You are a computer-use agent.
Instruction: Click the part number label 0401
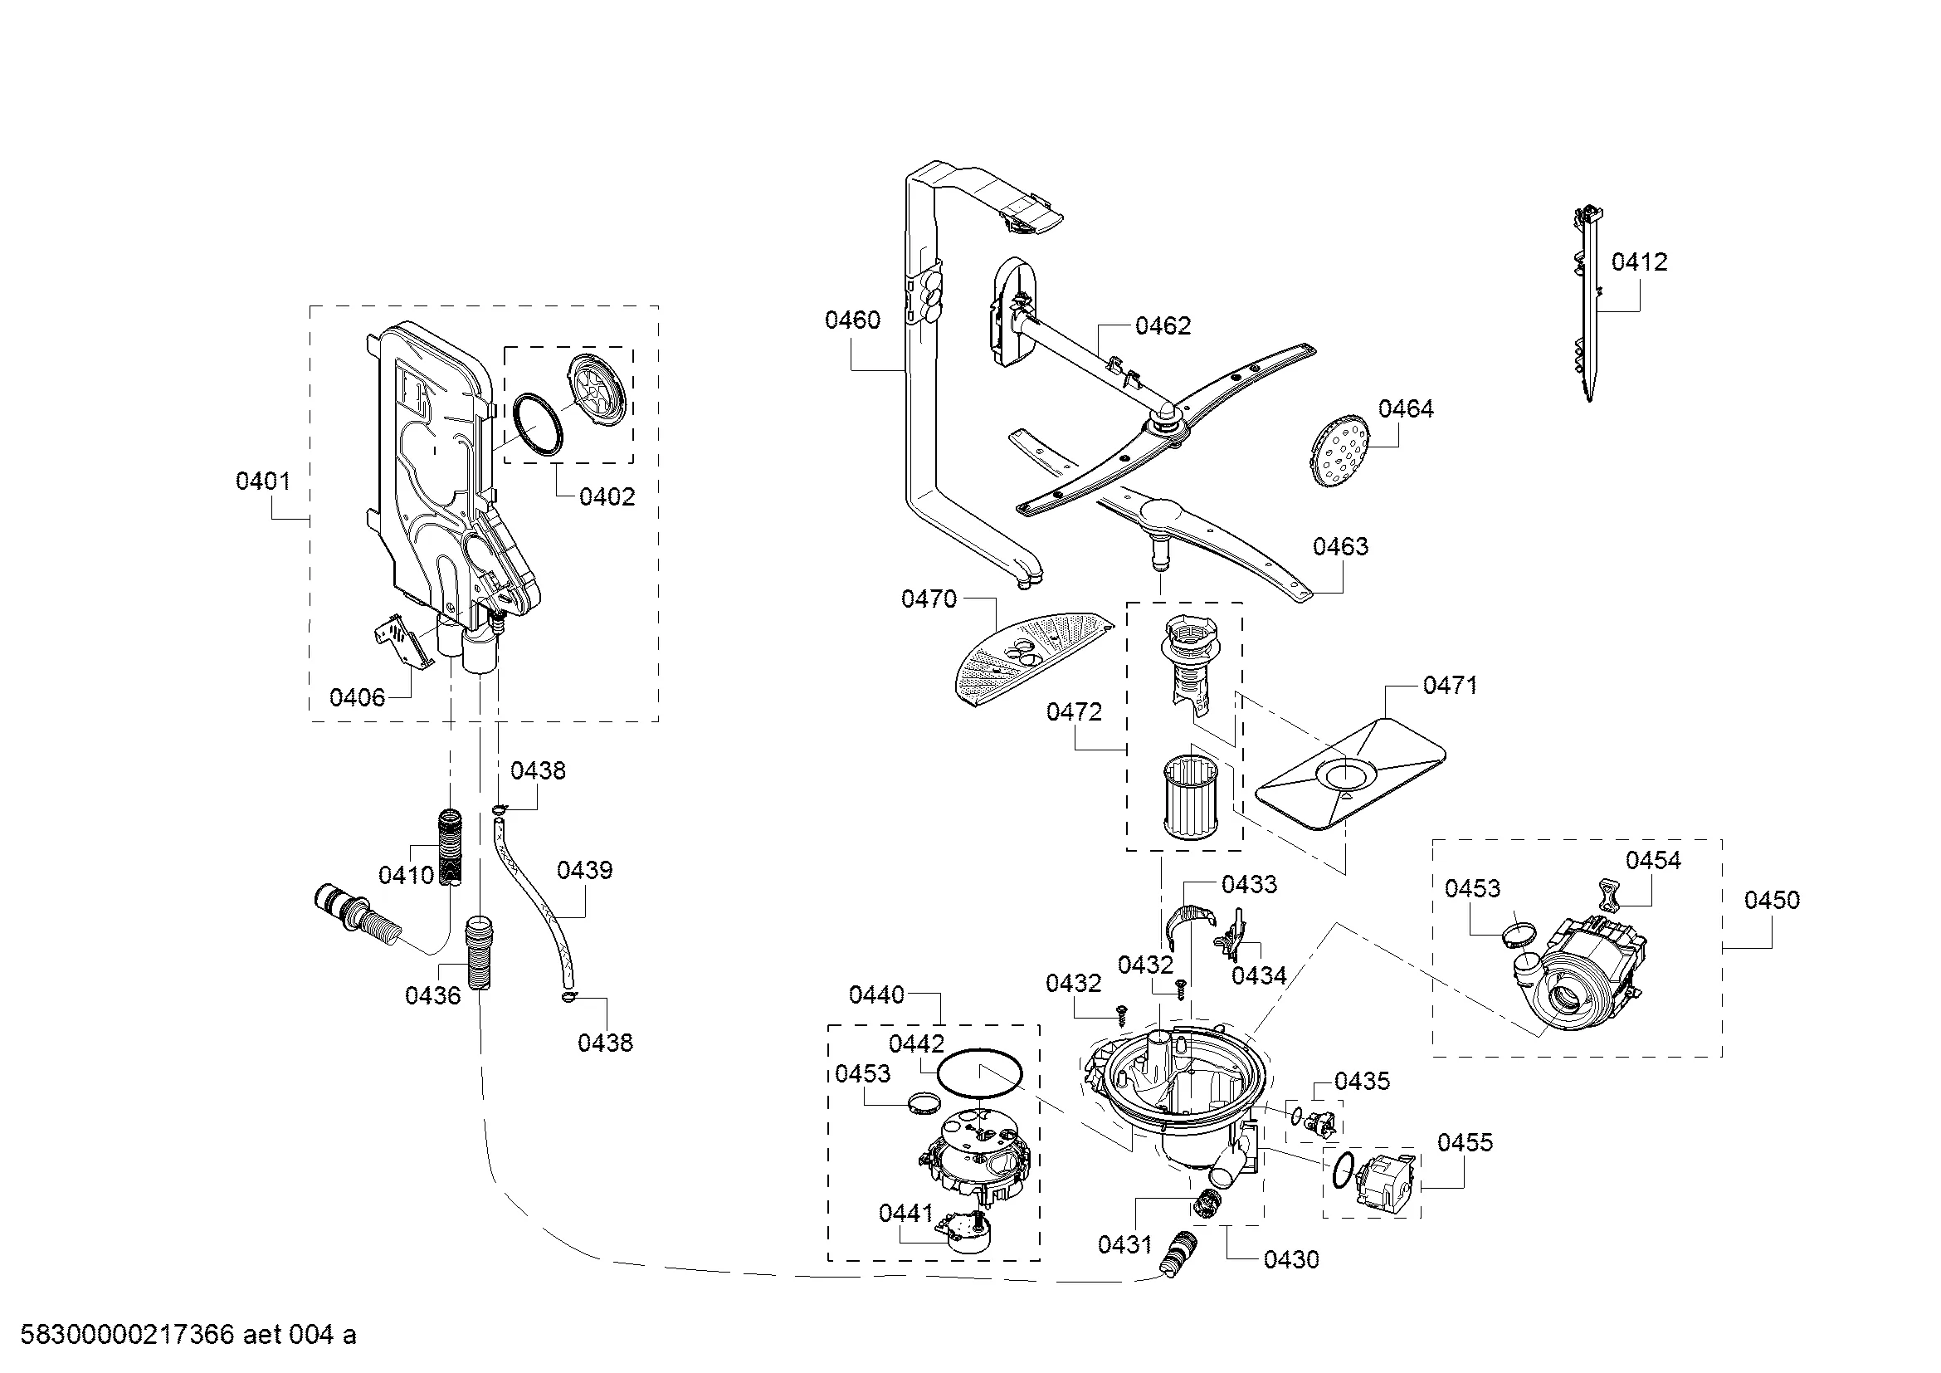[263, 481]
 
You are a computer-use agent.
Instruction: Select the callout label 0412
[1639, 262]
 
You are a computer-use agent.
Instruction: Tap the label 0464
[1406, 409]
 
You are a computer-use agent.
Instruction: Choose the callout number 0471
[1451, 685]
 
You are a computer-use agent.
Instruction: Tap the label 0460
[853, 320]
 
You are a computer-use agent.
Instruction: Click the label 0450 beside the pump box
[1772, 901]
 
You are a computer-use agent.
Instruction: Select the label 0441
[906, 1214]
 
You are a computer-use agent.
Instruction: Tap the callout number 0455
[1465, 1143]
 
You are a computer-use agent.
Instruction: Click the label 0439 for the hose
[585, 870]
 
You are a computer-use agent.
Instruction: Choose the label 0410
[407, 875]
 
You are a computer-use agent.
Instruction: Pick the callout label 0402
[607, 497]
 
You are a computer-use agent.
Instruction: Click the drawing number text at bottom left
[188, 1335]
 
